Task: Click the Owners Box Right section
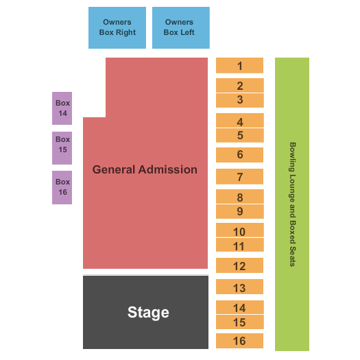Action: click(117, 27)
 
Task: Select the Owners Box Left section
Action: click(181, 27)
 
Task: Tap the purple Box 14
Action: click(62, 108)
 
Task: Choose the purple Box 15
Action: click(62, 148)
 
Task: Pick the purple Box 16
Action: click(62, 187)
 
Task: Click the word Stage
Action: click(148, 313)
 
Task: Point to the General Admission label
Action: click(145, 169)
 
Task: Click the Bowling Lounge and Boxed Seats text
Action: click(292, 204)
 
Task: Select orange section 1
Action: click(239, 65)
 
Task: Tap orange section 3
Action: click(240, 100)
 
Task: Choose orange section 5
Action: click(240, 135)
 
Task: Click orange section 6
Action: click(239, 155)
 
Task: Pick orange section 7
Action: click(239, 176)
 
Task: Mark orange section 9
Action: click(240, 211)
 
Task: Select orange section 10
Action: click(240, 230)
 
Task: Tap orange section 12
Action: click(239, 265)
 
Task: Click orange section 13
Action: click(239, 287)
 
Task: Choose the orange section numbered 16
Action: click(239, 341)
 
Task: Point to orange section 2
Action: click(240, 86)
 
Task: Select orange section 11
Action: click(240, 245)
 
